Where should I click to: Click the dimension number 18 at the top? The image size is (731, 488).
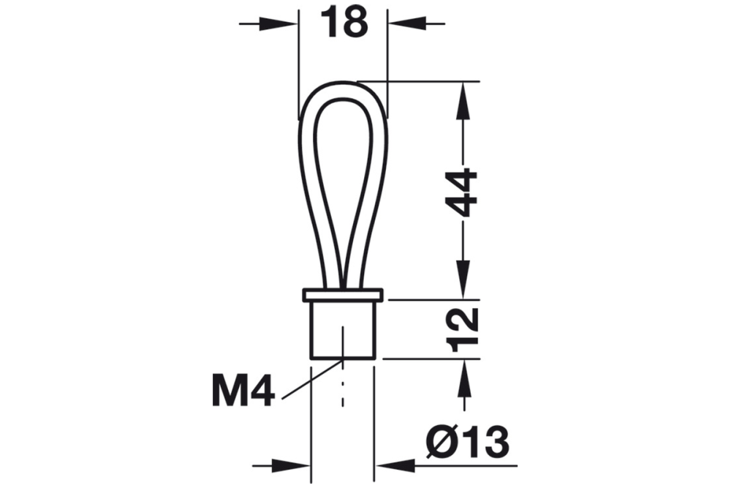tap(344, 23)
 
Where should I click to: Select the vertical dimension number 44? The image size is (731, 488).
tap(462, 193)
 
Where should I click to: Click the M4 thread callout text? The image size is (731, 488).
tap(243, 391)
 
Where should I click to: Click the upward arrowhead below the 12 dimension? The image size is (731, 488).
tap(462, 375)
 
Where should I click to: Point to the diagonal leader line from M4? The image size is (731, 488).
tap(311, 379)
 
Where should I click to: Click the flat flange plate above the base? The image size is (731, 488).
tap(343, 295)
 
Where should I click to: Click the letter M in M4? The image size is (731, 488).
tap(230, 391)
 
